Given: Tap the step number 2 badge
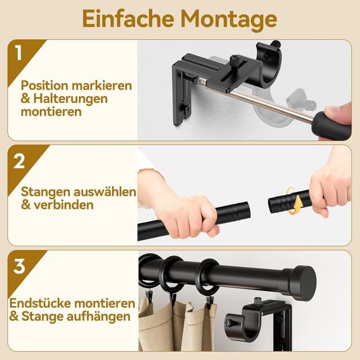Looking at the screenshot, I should click(x=19, y=161).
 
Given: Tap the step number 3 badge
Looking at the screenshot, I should click(x=19, y=265).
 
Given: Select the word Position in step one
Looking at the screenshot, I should click(x=45, y=86).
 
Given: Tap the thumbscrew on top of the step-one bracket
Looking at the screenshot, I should click(x=234, y=60).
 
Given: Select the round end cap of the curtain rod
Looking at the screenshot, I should click(x=303, y=282).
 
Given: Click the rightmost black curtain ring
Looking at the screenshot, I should click(x=207, y=277).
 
